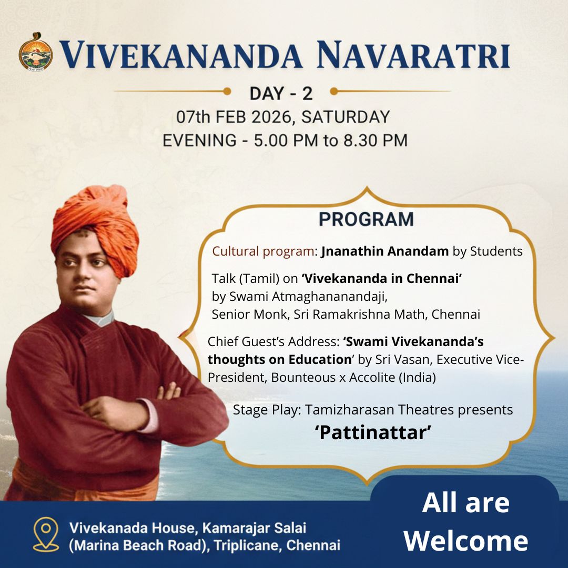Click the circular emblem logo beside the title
coord(36,52)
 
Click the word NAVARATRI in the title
coord(414,54)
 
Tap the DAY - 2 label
coord(281,94)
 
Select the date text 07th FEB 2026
coord(235,117)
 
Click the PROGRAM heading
coord(366,219)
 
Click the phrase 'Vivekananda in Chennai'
coord(382,279)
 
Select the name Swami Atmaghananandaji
coord(308,297)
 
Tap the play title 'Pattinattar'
coord(373,432)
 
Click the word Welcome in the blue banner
coord(465,541)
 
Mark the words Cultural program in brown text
coord(266,251)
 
